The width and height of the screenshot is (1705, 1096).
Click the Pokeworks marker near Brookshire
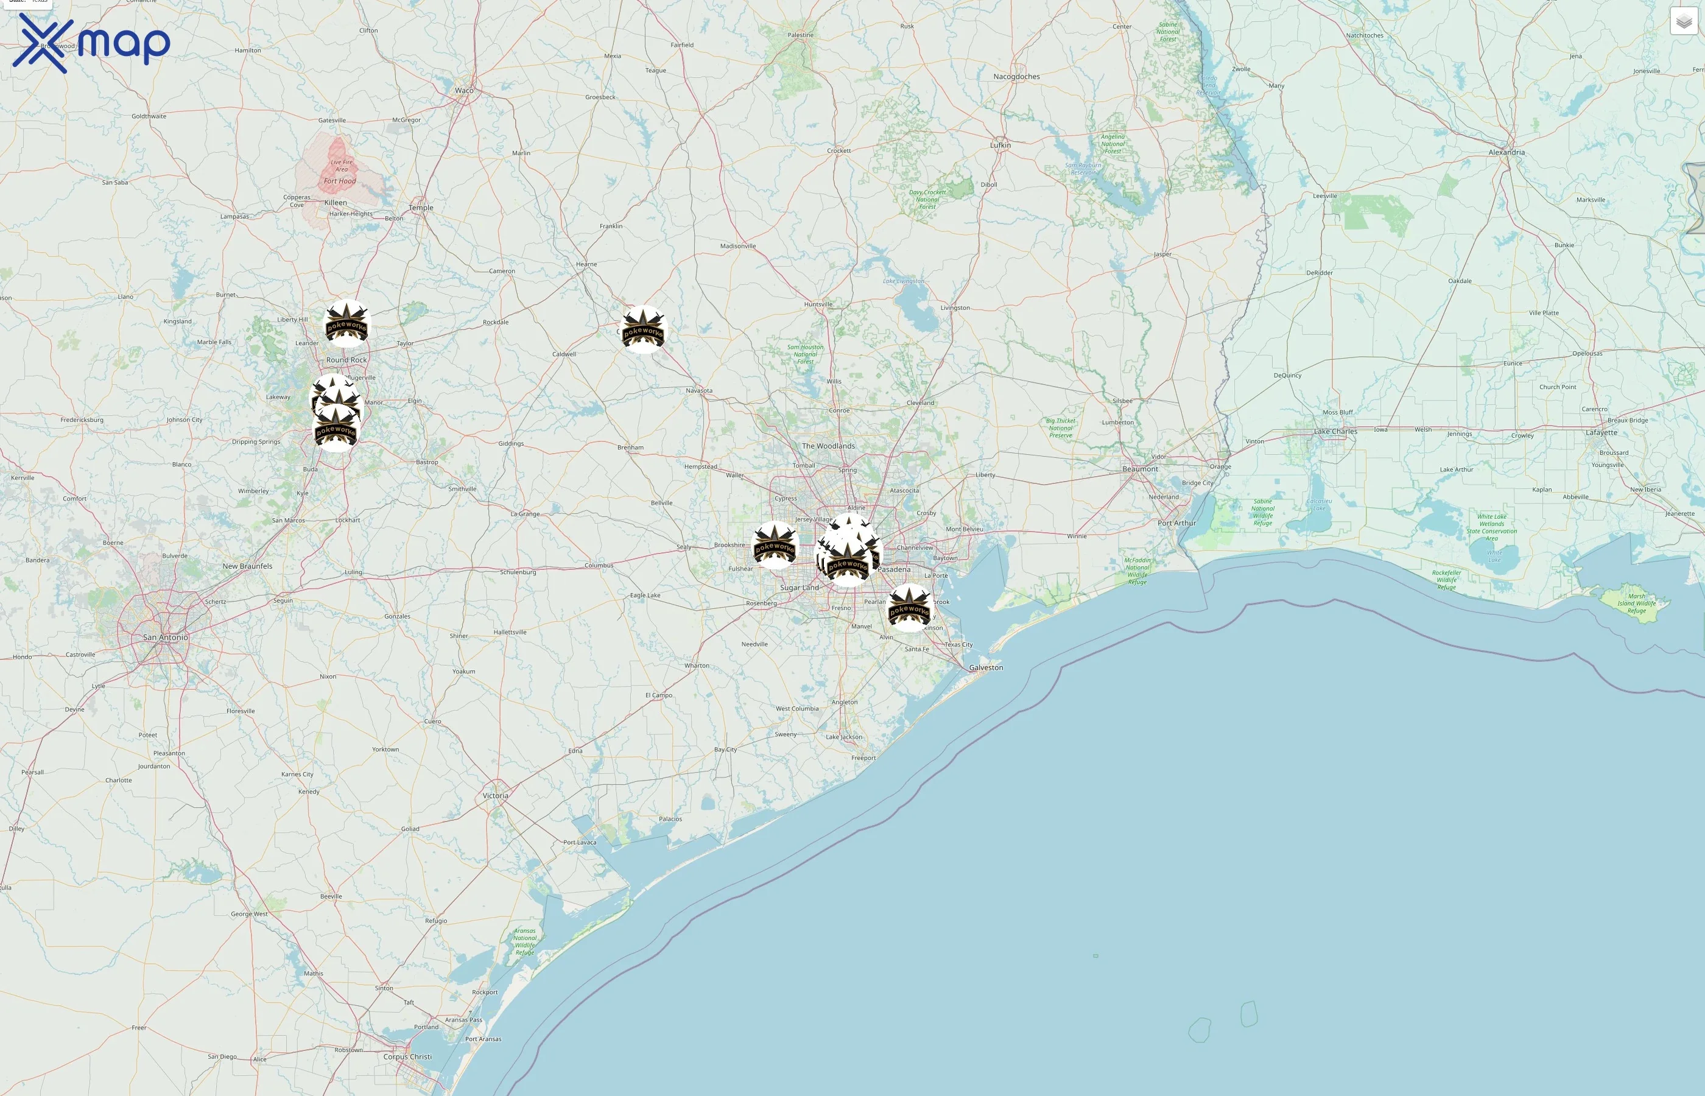(x=775, y=545)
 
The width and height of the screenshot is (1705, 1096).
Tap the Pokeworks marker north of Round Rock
(x=346, y=324)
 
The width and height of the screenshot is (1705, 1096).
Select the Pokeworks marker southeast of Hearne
(x=643, y=329)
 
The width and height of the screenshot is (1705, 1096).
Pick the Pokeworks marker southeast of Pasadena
(x=909, y=608)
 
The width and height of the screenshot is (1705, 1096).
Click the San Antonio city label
(x=166, y=637)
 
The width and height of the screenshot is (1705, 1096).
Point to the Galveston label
(x=986, y=667)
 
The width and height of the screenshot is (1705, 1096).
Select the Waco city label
(x=464, y=90)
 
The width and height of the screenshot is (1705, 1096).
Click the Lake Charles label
(x=1335, y=431)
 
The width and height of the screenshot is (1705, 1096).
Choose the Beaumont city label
(x=1140, y=469)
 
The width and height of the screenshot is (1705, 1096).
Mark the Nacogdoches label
(x=1016, y=77)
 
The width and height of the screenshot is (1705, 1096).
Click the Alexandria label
(x=1506, y=152)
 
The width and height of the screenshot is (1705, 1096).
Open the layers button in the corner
(x=1683, y=22)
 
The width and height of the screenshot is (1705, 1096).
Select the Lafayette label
(x=1601, y=433)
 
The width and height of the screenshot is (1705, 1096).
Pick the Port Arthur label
(x=1176, y=523)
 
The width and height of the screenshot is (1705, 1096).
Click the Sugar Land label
(x=799, y=588)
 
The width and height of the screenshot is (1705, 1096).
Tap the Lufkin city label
(x=1000, y=145)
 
